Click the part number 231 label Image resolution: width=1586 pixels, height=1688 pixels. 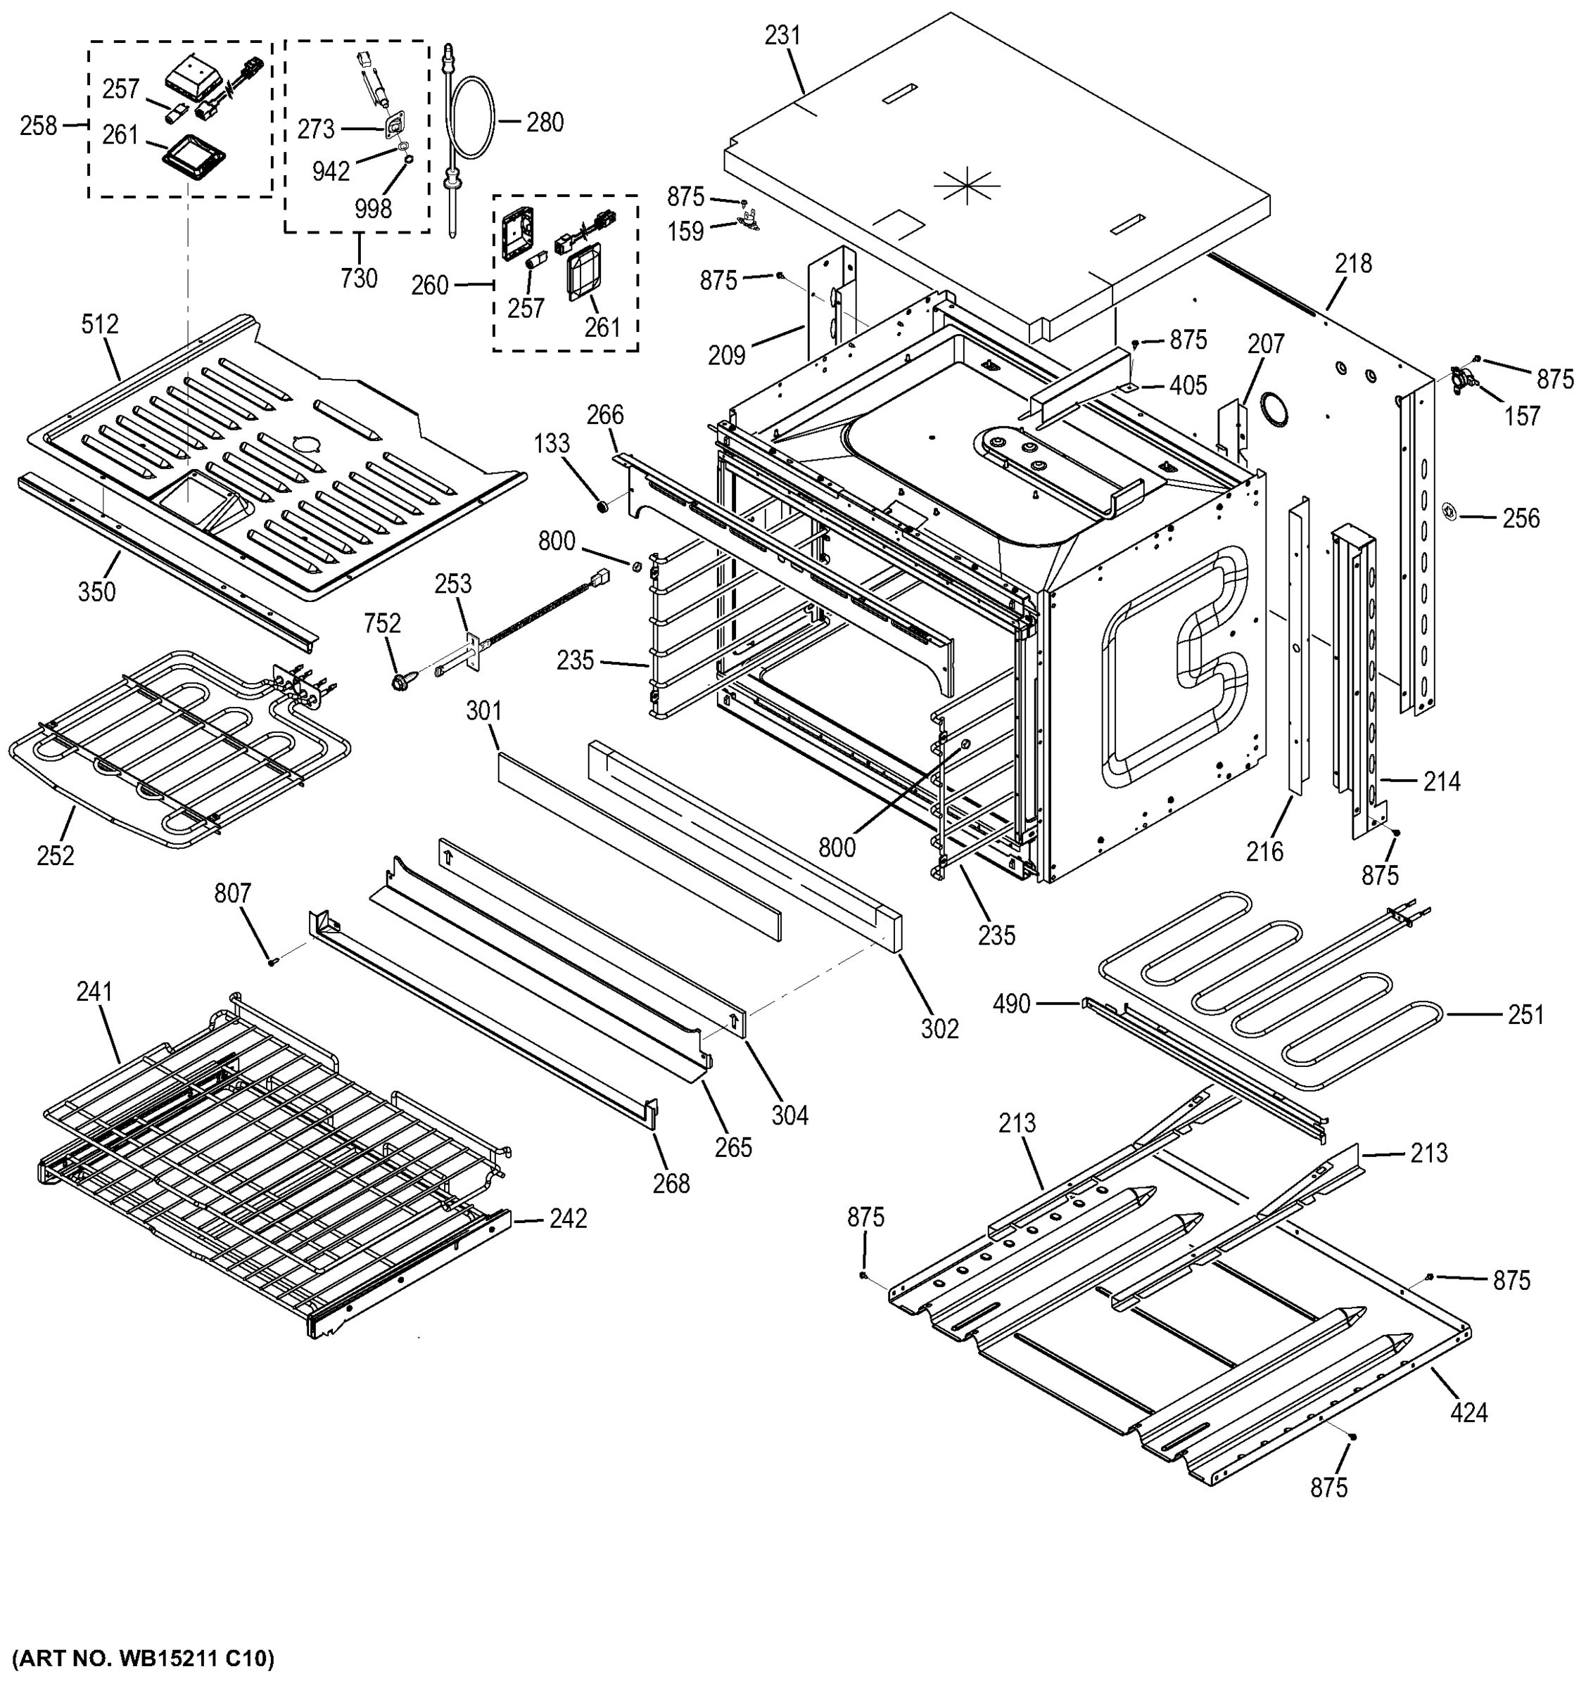(782, 36)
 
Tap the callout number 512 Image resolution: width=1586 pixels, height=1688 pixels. (99, 324)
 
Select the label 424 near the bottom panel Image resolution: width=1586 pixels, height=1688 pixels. (1468, 1413)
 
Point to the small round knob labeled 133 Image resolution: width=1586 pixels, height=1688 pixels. (604, 508)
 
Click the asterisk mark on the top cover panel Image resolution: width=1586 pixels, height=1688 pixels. (967, 184)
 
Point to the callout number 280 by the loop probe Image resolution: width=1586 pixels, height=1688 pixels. (545, 122)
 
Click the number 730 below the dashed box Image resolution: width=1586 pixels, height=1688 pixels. (357, 277)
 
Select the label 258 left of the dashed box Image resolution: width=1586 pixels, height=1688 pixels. (38, 126)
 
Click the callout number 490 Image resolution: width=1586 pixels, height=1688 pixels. (1011, 1004)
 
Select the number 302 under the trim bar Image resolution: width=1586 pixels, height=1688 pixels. (939, 1028)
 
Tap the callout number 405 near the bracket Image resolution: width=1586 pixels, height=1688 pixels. (1188, 385)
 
